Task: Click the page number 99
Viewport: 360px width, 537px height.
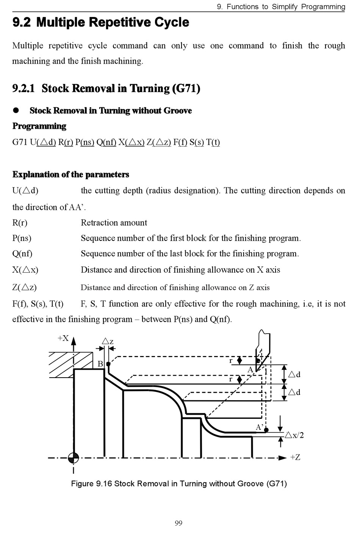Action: coord(178,523)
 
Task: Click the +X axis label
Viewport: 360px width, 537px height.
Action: coord(63,338)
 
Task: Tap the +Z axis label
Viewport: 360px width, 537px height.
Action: coord(295,457)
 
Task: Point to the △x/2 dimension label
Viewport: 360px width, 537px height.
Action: coord(294,435)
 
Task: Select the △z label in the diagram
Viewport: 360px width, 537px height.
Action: coord(108,342)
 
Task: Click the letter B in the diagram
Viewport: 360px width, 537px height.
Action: coord(100,364)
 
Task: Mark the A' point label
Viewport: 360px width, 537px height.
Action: coord(260,427)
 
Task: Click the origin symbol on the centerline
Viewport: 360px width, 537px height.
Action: coord(73,457)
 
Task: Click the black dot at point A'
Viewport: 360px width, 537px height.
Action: coord(266,430)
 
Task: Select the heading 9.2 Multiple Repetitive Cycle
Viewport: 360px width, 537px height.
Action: coord(101,22)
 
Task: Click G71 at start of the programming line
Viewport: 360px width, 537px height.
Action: coord(20,142)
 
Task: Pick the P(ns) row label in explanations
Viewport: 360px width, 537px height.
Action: coord(22,238)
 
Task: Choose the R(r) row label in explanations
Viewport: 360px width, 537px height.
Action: coord(20,223)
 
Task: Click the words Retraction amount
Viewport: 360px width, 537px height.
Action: coord(114,223)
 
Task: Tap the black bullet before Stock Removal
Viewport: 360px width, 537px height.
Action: coord(16,110)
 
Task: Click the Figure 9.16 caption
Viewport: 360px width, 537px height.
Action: coord(179,484)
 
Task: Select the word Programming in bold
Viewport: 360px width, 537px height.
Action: coord(39,126)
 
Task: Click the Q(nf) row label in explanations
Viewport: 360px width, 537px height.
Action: coord(22,253)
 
